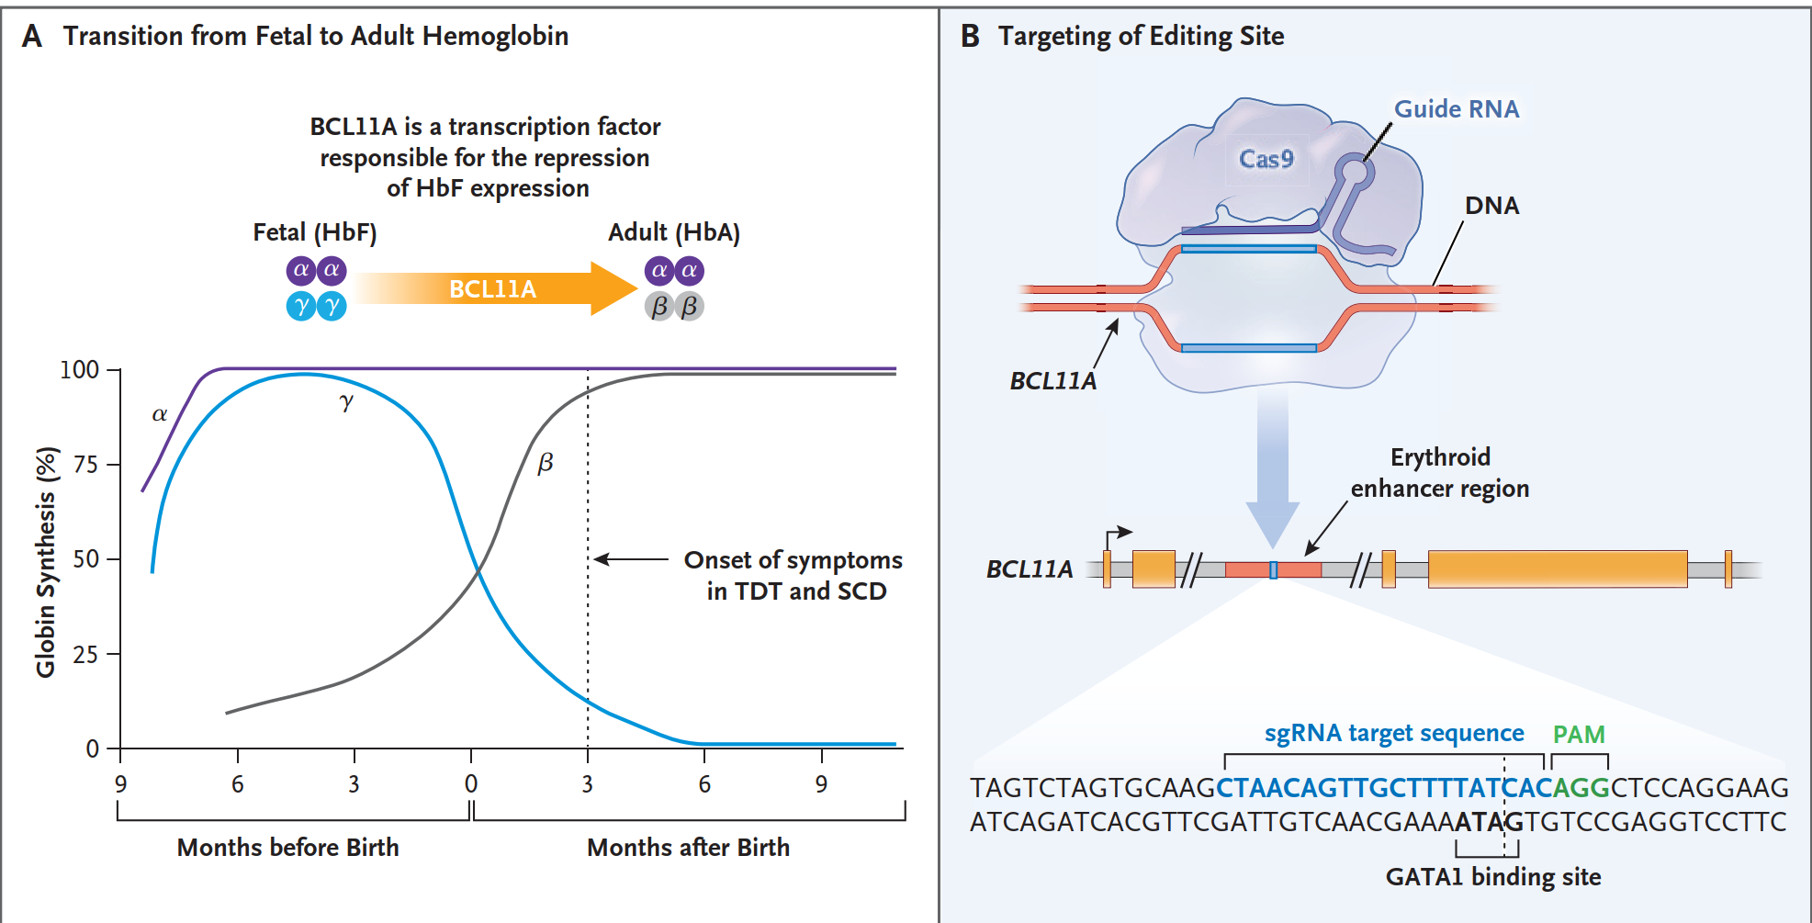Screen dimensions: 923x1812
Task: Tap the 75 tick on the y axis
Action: tap(86, 465)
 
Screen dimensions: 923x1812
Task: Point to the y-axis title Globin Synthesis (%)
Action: tap(46, 562)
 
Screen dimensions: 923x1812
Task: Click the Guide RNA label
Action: tap(1456, 109)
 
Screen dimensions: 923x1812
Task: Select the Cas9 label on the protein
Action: tap(1266, 159)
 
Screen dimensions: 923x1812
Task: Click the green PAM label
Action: tap(1578, 735)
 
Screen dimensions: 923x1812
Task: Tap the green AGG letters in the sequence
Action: tap(1580, 788)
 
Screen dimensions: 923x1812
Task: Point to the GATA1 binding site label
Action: tap(1492, 877)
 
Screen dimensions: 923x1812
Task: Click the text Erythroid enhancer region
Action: tap(1439, 472)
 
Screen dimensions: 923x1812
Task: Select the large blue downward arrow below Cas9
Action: tap(1272, 468)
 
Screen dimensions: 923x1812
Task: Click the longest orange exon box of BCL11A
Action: tap(1557, 569)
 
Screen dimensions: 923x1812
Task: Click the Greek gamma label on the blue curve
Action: tap(345, 401)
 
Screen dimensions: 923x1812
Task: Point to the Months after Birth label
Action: tap(688, 847)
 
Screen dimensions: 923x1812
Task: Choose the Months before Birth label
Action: tap(287, 847)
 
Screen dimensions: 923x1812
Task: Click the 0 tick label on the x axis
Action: tap(471, 784)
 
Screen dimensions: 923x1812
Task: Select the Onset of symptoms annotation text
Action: tap(793, 575)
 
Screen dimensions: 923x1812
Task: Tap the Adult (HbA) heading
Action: tap(673, 232)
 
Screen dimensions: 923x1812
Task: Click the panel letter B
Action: tap(970, 37)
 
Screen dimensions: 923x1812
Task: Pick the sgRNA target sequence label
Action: tap(1393, 733)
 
